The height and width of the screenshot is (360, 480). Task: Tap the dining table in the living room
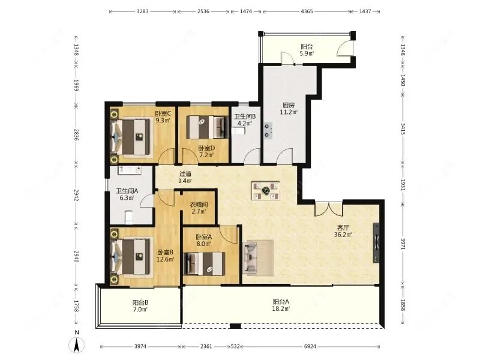coord(265,191)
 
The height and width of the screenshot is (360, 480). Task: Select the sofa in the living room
coord(250,257)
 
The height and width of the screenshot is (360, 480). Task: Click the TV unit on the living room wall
coord(376,243)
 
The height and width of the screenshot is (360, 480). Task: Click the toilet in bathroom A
coord(129,217)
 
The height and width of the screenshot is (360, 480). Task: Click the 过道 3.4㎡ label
coord(185,177)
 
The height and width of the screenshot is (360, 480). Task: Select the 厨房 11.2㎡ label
coord(289,109)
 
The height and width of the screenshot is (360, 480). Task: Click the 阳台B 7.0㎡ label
coord(140,306)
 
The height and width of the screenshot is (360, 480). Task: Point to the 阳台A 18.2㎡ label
coord(281,305)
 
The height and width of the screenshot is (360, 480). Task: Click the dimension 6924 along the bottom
coord(310,347)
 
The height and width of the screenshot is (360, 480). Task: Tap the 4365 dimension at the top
coord(307,11)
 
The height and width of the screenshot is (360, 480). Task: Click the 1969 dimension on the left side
coord(76,85)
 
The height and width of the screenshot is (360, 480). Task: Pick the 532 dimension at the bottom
coord(235,347)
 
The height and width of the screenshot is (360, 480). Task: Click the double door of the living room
coord(329,208)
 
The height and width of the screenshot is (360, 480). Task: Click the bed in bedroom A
coord(204,264)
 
